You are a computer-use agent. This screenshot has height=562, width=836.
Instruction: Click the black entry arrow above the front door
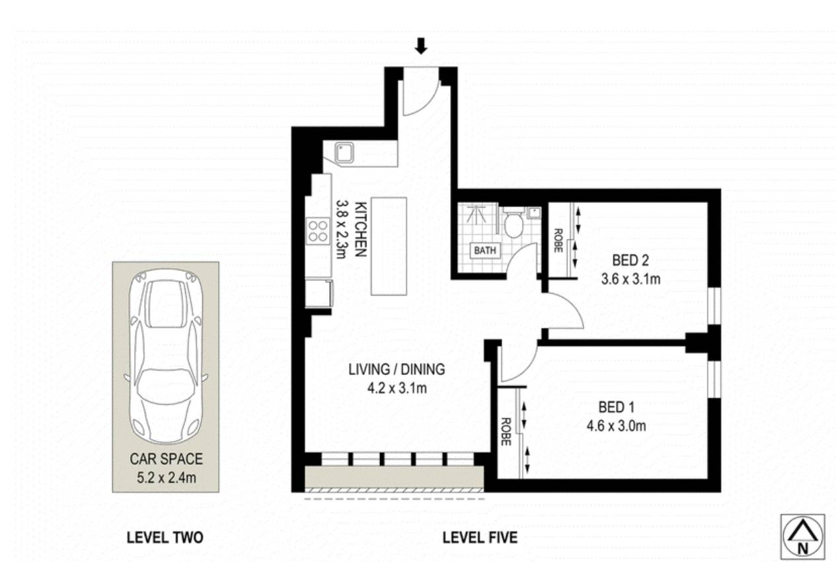tap(421, 46)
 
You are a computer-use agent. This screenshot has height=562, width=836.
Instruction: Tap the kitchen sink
tap(344, 152)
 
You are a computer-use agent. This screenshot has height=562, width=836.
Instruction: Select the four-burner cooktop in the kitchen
tap(319, 231)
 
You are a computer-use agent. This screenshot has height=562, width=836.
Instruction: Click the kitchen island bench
tap(389, 246)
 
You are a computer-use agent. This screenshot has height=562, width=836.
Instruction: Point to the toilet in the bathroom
tap(513, 222)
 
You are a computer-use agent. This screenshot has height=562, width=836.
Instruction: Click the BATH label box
tap(485, 250)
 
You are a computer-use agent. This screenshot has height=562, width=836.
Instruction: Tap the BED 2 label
tap(630, 261)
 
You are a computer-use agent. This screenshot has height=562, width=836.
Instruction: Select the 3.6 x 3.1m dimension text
tap(630, 279)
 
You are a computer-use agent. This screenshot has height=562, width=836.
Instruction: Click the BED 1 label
tap(617, 407)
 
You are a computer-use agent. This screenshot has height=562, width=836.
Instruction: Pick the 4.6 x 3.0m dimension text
tap(617, 426)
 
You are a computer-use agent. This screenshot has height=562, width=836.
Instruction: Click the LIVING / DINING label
tap(397, 370)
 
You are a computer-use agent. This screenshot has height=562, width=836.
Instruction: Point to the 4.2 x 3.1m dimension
tap(397, 388)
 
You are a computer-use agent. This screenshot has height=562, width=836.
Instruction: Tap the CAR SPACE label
tap(166, 459)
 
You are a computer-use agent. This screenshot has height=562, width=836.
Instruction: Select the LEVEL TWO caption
tap(165, 538)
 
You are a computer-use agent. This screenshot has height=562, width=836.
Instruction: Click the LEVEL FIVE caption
tap(480, 538)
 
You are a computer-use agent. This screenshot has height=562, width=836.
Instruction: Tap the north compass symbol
tap(803, 536)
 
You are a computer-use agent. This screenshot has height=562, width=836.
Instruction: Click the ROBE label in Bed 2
tap(558, 241)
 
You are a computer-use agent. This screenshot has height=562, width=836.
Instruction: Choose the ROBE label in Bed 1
tap(506, 432)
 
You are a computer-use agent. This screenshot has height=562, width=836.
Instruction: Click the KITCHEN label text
tap(361, 229)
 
